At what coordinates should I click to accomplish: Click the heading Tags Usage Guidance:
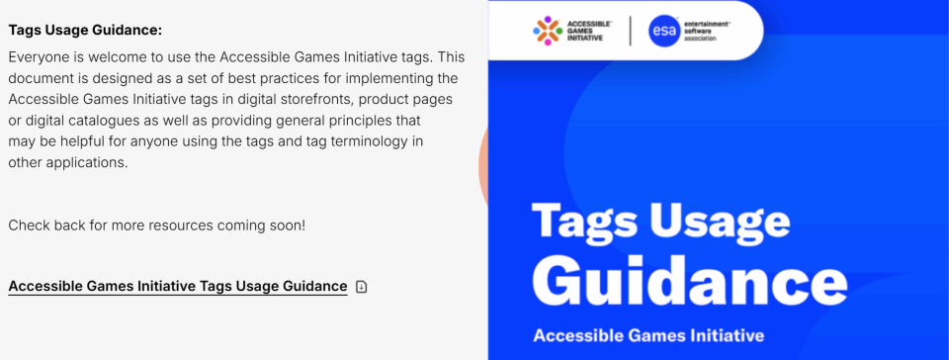point(85,31)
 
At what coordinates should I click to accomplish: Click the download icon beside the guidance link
point(362,286)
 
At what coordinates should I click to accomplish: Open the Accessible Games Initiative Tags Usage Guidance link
point(178,286)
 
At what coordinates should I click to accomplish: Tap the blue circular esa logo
point(663,32)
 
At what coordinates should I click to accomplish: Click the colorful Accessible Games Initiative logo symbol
point(548,31)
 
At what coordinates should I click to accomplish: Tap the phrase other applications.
point(68,163)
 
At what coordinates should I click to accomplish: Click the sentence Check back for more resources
point(157,225)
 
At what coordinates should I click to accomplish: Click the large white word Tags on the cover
point(579,222)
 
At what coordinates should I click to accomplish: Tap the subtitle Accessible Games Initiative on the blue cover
point(648,335)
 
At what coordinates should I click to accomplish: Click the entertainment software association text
point(707,31)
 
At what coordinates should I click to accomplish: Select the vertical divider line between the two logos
point(630,31)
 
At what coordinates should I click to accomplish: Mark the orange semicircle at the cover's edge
point(483,166)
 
